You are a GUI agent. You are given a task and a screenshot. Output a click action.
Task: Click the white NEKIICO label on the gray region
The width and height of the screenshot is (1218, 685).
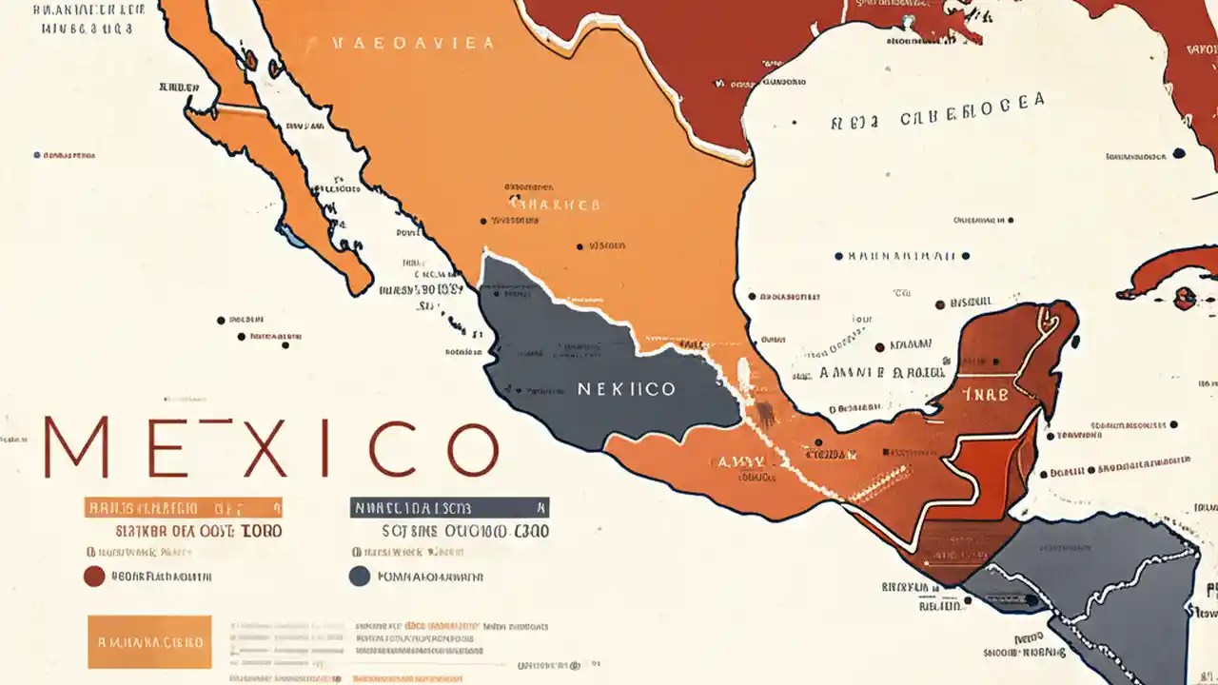pos(626,389)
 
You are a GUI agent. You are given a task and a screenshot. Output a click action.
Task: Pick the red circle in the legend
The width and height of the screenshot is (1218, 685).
pos(93,576)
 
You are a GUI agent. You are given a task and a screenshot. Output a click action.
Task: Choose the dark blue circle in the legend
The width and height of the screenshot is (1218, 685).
pos(359,576)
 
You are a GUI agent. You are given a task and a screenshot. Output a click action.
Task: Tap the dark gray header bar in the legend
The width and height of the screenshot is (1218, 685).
pos(448,507)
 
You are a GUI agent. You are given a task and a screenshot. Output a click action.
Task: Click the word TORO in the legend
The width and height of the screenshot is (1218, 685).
pos(261,531)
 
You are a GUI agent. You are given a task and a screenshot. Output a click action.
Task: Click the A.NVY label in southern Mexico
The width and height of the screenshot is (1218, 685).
pos(740,461)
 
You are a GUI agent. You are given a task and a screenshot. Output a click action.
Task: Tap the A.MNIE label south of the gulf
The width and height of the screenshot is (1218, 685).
pos(852,373)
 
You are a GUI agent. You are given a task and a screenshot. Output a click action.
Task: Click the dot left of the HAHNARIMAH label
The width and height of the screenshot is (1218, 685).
pos(838,256)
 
